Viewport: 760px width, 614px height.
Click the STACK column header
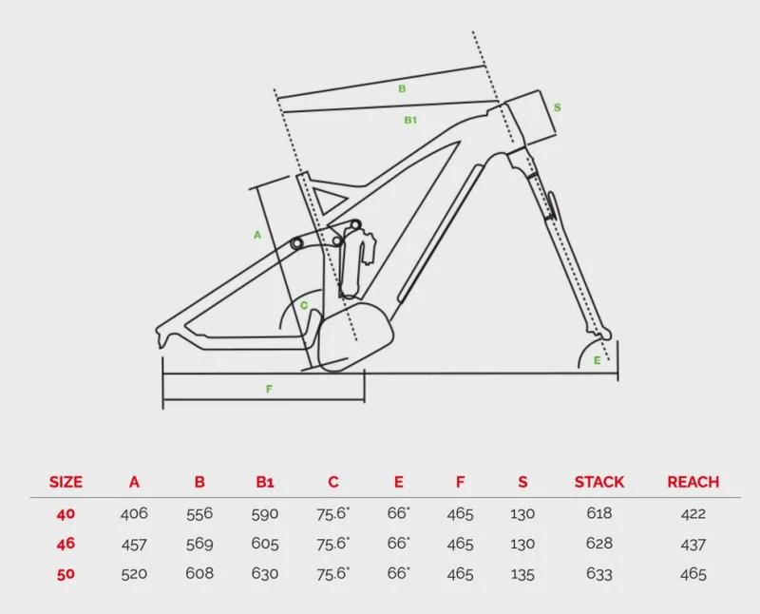click(599, 482)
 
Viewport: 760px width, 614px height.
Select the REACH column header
click(693, 482)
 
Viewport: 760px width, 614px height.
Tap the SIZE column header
click(66, 482)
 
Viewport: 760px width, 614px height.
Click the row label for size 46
click(66, 544)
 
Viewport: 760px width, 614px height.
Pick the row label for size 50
click(66, 574)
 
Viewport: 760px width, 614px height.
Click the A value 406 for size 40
click(134, 513)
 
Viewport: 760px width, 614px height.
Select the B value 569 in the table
click(199, 544)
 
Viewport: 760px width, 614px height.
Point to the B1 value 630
click(265, 574)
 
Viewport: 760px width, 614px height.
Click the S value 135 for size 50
click(522, 574)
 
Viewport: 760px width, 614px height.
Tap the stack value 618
click(599, 513)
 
